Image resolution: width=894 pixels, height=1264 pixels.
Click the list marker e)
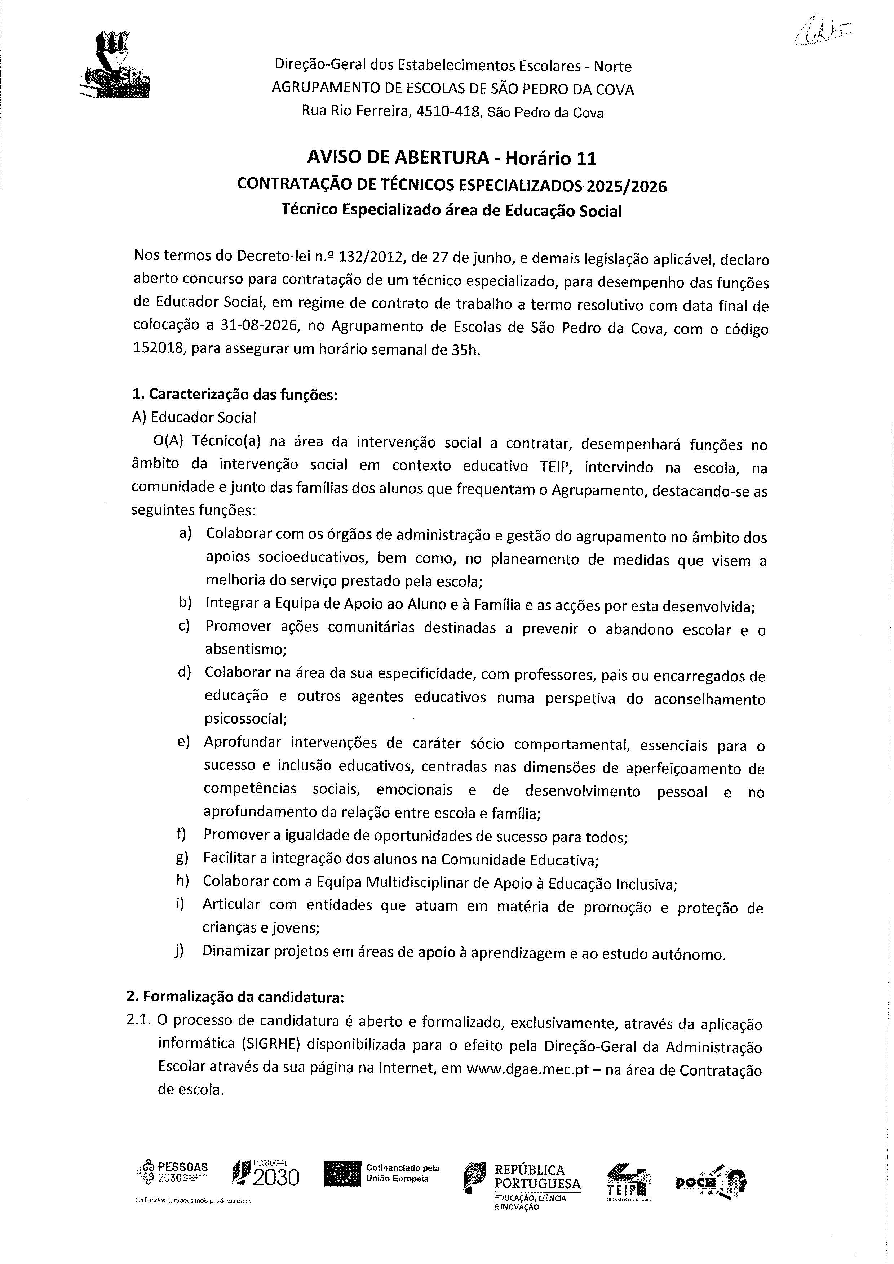(x=183, y=742)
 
